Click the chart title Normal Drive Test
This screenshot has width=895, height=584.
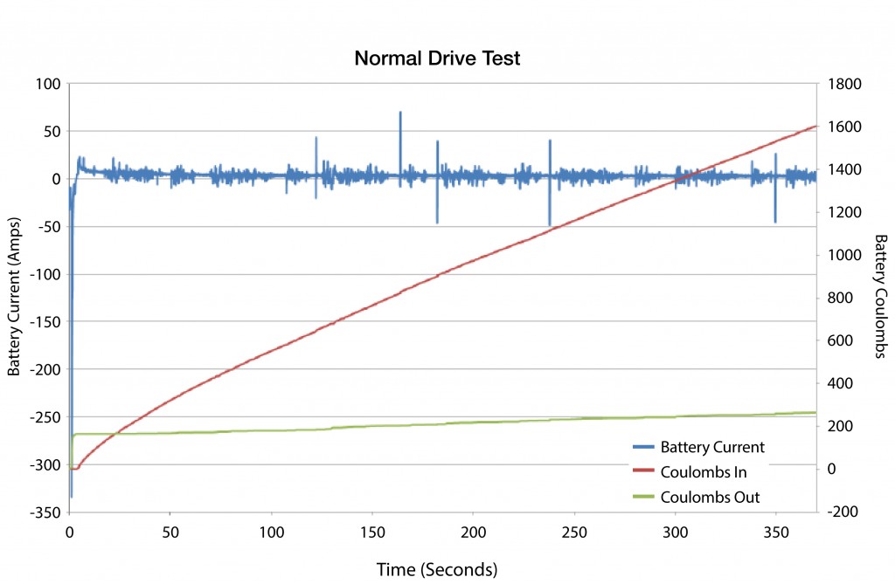(437, 59)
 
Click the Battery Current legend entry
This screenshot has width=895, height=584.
(712, 447)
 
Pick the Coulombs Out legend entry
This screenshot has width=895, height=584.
(710, 498)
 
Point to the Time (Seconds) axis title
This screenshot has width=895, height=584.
(437, 569)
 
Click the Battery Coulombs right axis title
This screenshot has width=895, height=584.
(880, 297)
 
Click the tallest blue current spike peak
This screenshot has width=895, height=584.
(400, 112)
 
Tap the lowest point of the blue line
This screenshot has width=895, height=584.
(71, 497)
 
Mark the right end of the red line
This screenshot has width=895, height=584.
(815, 126)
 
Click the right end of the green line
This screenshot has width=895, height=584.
(815, 412)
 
